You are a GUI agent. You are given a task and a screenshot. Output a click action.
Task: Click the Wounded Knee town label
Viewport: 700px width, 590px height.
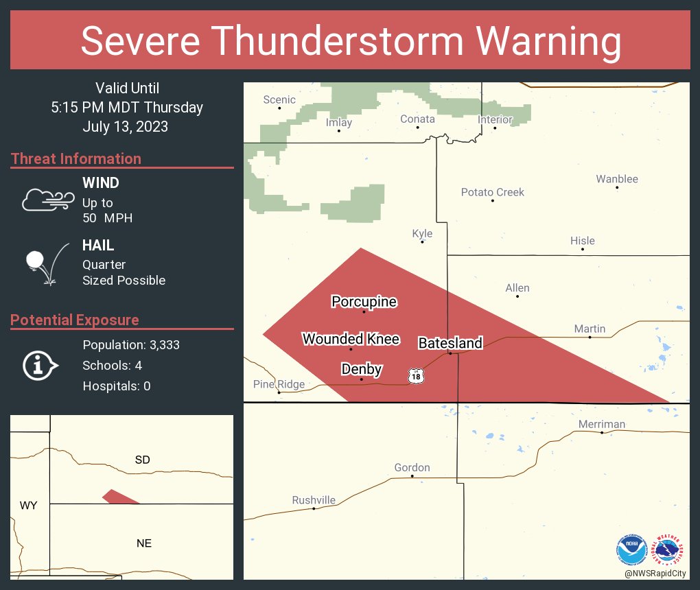click(351, 339)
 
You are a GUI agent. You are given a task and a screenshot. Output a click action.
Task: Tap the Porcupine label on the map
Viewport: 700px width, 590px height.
click(364, 302)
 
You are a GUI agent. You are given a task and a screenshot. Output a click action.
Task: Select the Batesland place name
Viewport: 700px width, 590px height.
click(450, 343)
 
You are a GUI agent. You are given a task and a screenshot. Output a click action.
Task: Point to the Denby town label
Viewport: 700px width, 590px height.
click(362, 370)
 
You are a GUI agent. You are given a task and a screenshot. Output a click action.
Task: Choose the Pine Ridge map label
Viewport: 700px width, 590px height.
click(279, 384)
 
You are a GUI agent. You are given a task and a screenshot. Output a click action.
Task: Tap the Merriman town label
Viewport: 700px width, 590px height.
click(602, 424)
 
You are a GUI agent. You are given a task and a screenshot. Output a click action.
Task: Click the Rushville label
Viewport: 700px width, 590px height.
click(314, 500)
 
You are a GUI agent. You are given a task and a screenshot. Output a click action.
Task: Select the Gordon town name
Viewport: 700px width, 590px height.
click(412, 468)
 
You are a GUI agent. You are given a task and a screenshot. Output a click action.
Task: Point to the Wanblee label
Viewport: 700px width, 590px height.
click(617, 179)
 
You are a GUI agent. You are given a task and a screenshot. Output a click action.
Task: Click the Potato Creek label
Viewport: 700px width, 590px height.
click(492, 192)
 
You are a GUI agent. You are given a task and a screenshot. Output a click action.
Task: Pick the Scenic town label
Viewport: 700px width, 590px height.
click(279, 100)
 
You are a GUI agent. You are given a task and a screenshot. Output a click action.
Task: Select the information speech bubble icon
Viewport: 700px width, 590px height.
click(40, 366)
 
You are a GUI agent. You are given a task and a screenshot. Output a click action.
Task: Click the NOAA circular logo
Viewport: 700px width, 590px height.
click(632, 550)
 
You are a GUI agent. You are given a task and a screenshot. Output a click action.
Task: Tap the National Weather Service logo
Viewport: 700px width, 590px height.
click(670, 550)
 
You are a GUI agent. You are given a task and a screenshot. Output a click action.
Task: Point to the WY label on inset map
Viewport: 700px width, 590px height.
click(28, 506)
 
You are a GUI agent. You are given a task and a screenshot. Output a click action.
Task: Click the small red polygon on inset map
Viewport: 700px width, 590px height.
click(119, 497)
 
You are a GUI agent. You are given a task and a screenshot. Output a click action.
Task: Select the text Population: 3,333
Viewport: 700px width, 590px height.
click(131, 345)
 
